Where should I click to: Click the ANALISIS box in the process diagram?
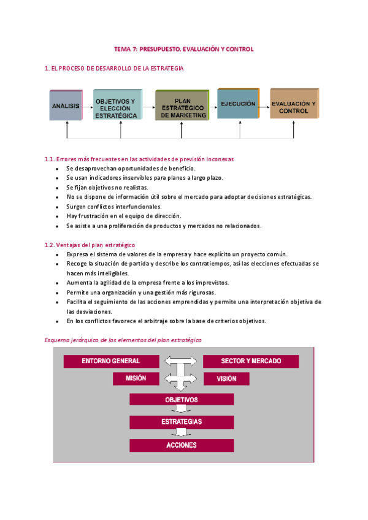[66, 105]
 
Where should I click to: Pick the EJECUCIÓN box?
[237, 104]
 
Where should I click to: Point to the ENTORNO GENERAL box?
[111, 361]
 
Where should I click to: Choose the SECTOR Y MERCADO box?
[251, 361]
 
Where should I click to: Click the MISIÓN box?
[136, 378]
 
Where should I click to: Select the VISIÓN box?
[226, 378]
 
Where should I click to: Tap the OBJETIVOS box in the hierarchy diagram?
[182, 400]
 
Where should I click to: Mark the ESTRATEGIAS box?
[182, 422]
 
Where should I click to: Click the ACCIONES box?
[182, 445]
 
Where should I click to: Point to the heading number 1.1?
[50, 159]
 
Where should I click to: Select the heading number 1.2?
[50, 245]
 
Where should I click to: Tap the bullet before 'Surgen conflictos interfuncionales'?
[57, 207]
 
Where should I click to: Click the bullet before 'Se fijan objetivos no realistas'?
[57, 188]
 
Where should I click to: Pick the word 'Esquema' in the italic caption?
[57, 339]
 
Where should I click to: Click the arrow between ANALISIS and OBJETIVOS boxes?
[88, 105]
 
